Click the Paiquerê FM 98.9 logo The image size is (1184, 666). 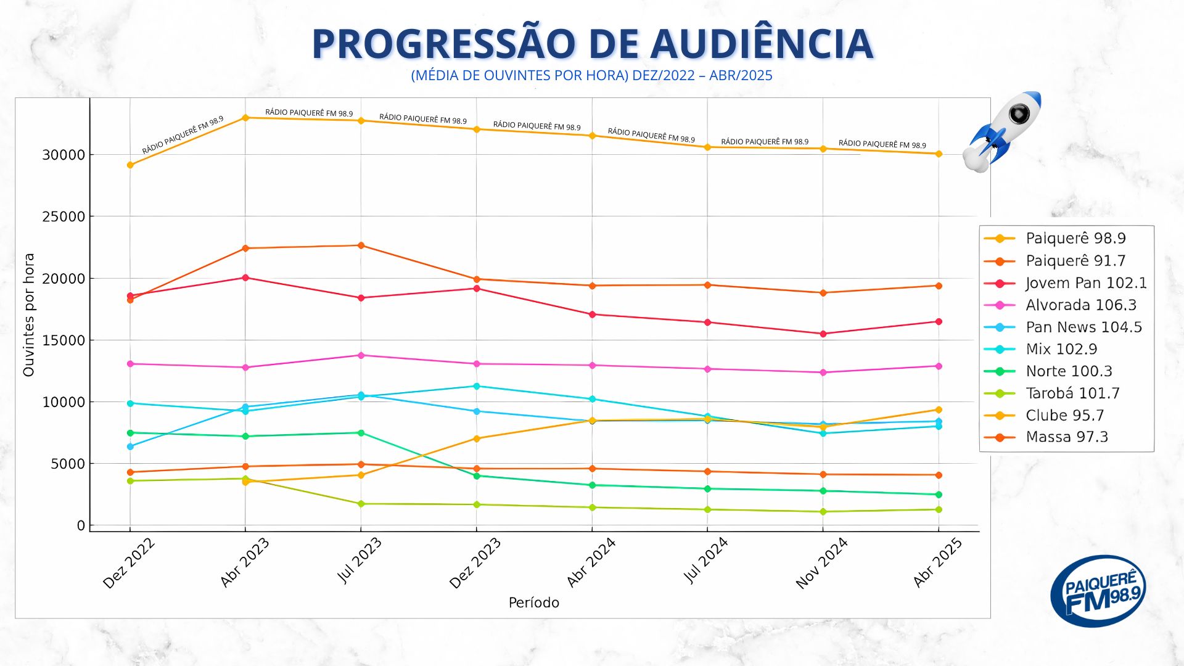click(x=1098, y=591)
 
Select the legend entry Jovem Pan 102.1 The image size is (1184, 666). click(x=1085, y=283)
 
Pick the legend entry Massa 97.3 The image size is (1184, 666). click(x=1066, y=437)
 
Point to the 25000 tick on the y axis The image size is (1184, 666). click(x=64, y=217)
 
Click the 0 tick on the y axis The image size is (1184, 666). click(x=81, y=525)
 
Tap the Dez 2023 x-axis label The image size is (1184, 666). click(x=475, y=563)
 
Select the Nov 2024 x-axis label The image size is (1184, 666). click(x=821, y=563)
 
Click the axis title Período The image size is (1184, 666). click(x=533, y=602)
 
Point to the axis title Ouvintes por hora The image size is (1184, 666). click(x=29, y=314)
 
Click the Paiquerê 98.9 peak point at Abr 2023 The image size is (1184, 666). click(x=245, y=117)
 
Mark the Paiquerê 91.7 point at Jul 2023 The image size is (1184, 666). click(x=361, y=245)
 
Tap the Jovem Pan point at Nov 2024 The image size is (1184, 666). click(x=823, y=334)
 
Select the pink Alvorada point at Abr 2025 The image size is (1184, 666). click(x=939, y=366)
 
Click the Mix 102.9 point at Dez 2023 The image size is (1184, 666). click(x=476, y=386)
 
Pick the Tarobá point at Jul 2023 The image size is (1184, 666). click(x=361, y=504)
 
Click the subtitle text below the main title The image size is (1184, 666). click(x=591, y=76)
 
